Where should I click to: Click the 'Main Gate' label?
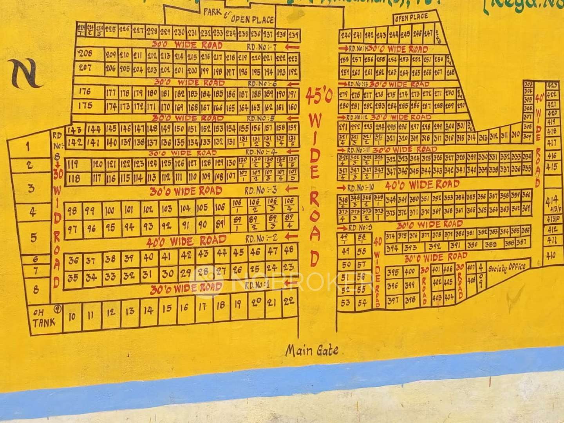point(312,350)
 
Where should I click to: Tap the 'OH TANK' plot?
point(44,318)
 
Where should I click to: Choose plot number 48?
point(289,250)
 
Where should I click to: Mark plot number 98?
point(72,211)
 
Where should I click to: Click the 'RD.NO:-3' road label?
point(261,191)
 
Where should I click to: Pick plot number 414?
point(551,202)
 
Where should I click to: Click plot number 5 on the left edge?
point(34,237)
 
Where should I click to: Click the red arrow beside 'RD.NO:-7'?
point(291,47)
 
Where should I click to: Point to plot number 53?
point(345,303)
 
